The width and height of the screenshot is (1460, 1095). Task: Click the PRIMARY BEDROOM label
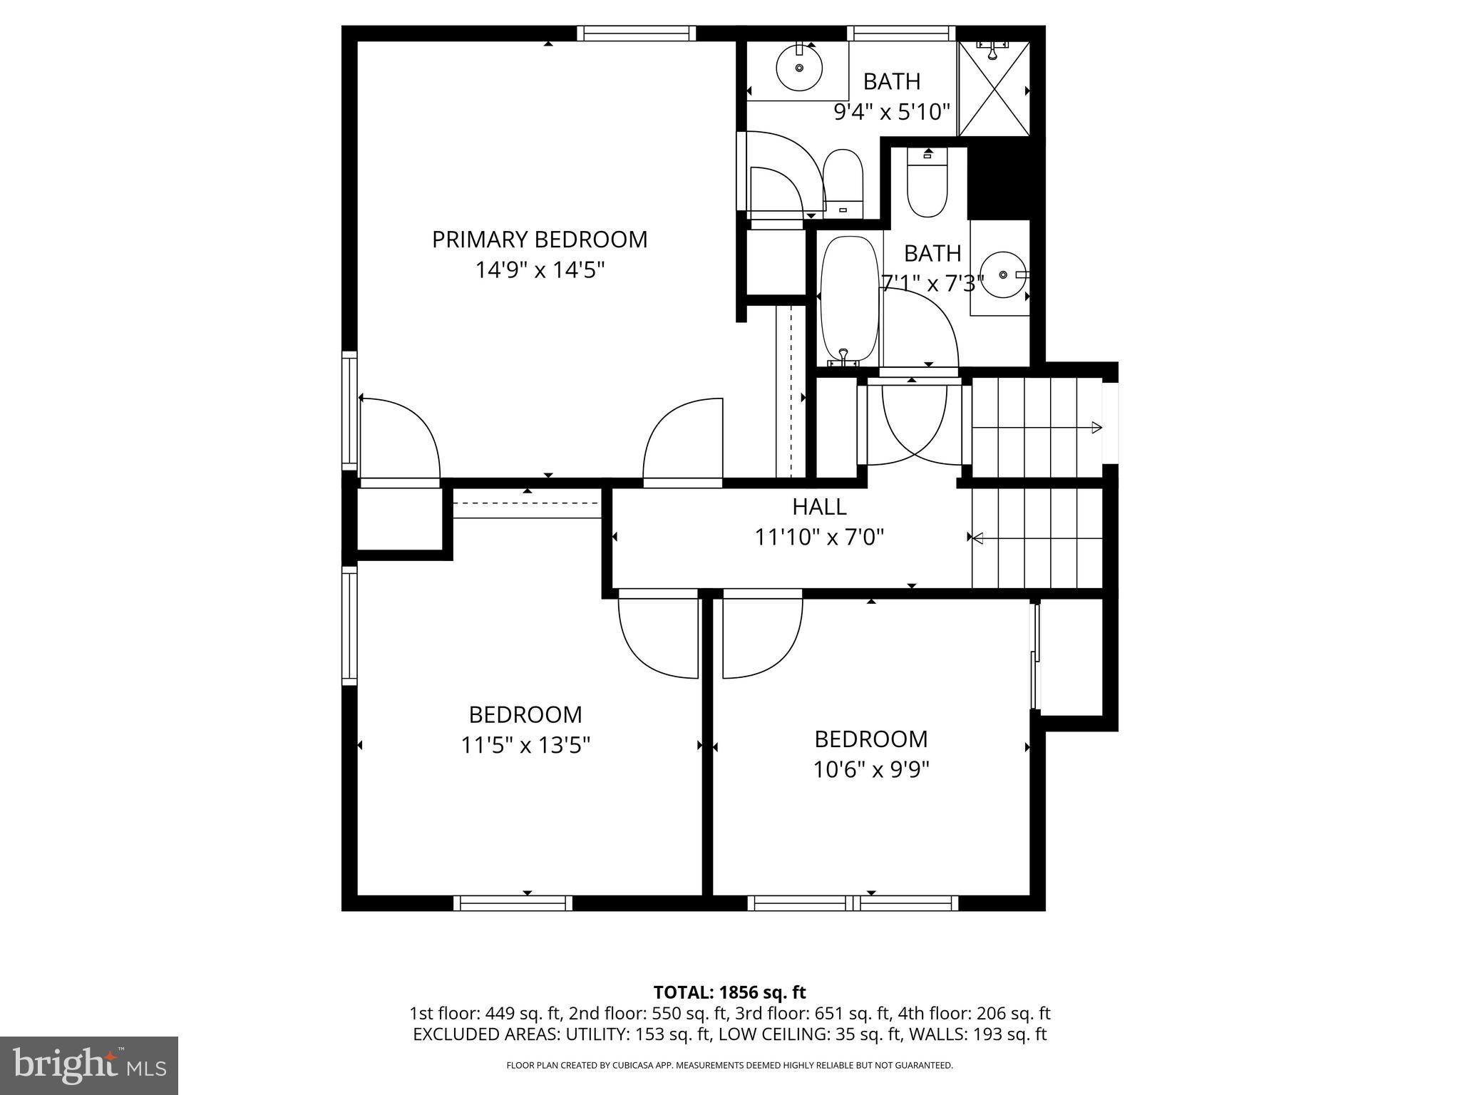click(x=540, y=240)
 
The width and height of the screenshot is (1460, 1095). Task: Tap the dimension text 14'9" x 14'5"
click(x=540, y=270)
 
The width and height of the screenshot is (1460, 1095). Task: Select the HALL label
click(x=819, y=507)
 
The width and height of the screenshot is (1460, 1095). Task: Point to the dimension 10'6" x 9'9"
click(x=871, y=770)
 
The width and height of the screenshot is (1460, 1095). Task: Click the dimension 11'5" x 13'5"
click(x=525, y=746)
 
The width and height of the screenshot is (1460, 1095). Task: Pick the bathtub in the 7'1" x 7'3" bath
click(x=848, y=299)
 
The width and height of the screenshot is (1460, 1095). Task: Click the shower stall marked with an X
click(x=994, y=89)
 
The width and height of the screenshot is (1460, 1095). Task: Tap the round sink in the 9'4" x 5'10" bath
click(x=799, y=68)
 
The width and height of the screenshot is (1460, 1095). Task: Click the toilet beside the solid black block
click(x=926, y=184)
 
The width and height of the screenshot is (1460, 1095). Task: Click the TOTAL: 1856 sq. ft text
click(x=729, y=992)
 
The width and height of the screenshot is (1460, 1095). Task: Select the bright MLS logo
click(x=89, y=1065)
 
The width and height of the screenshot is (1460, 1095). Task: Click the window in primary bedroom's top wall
click(x=636, y=34)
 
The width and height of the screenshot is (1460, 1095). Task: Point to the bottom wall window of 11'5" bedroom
click(x=513, y=903)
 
